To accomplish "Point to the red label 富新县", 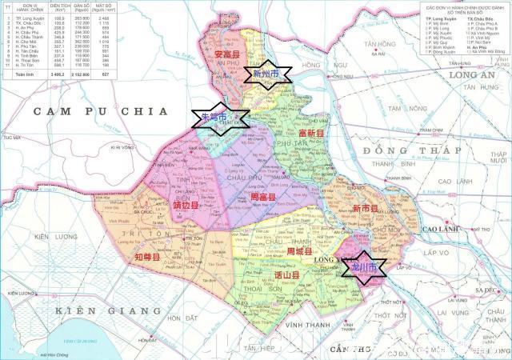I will coord(310,134).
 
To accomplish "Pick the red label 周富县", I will coord(263,196).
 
